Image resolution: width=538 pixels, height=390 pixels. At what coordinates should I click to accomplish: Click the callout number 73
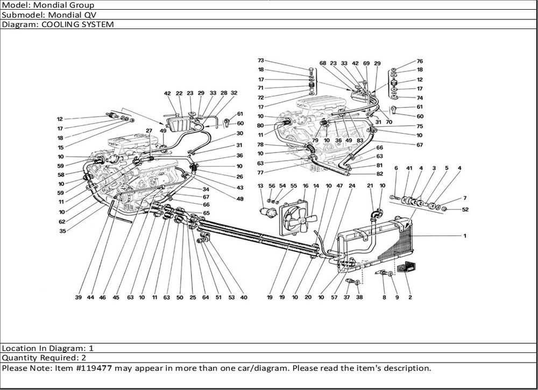point(260,61)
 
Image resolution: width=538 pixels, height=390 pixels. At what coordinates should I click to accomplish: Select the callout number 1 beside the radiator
point(465,236)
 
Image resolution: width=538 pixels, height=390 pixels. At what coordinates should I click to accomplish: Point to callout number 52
point(465,209)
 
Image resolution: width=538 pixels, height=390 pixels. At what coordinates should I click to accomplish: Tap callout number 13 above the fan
point(260,186)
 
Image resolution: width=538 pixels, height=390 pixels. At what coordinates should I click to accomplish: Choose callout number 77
point(260,172)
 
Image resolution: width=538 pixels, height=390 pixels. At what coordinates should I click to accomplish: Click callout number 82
point(379,174)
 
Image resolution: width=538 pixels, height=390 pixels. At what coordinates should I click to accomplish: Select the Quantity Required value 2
point(83,357)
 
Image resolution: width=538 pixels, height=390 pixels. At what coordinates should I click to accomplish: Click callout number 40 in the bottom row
point(244,297)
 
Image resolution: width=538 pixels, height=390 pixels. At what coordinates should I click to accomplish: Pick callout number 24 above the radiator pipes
point(352,186)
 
